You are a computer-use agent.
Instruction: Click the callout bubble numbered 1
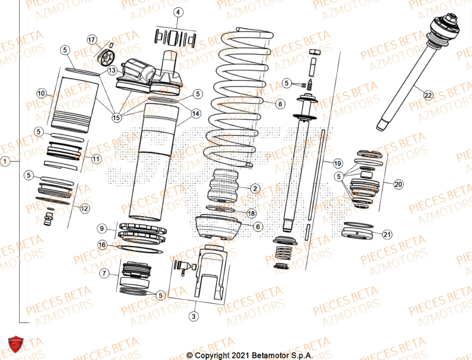pos(5,162)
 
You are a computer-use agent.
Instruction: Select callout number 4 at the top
pos(177,13)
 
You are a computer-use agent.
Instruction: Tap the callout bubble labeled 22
pos(428,95)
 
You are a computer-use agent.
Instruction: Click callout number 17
pos(92,39)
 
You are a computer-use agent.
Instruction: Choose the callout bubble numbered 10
pos(42,94)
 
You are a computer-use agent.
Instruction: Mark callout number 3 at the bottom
pos(193,316)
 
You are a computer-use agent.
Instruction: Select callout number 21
pos(387,234)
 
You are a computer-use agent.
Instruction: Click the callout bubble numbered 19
pos(337,163)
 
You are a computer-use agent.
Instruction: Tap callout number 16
pos(102,244)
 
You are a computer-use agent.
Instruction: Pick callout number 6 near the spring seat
pos(257,227)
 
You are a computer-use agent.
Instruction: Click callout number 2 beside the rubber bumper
pos(254,189)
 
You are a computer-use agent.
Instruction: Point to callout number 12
pos(85,208)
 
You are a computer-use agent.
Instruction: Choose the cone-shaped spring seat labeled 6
pos(217,228)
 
